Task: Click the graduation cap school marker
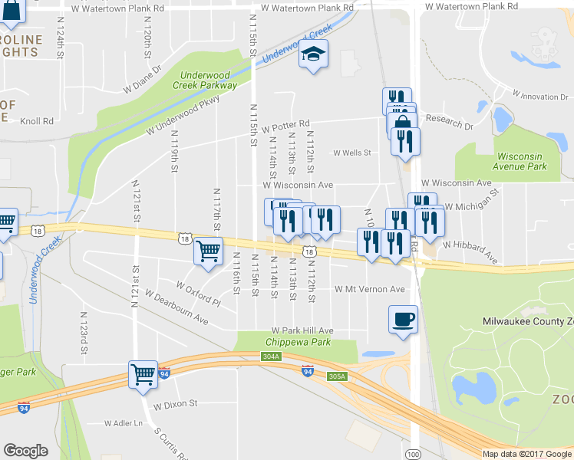(313, 54)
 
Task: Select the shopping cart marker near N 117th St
(209, 251)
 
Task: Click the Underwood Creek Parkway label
(209, 80)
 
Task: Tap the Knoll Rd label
(37, 121)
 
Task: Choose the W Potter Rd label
(285, 123)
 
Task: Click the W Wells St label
(351, 153)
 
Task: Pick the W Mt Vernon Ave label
(369, 289)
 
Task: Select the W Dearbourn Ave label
(176, 307)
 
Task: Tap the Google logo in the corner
(25, 451)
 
